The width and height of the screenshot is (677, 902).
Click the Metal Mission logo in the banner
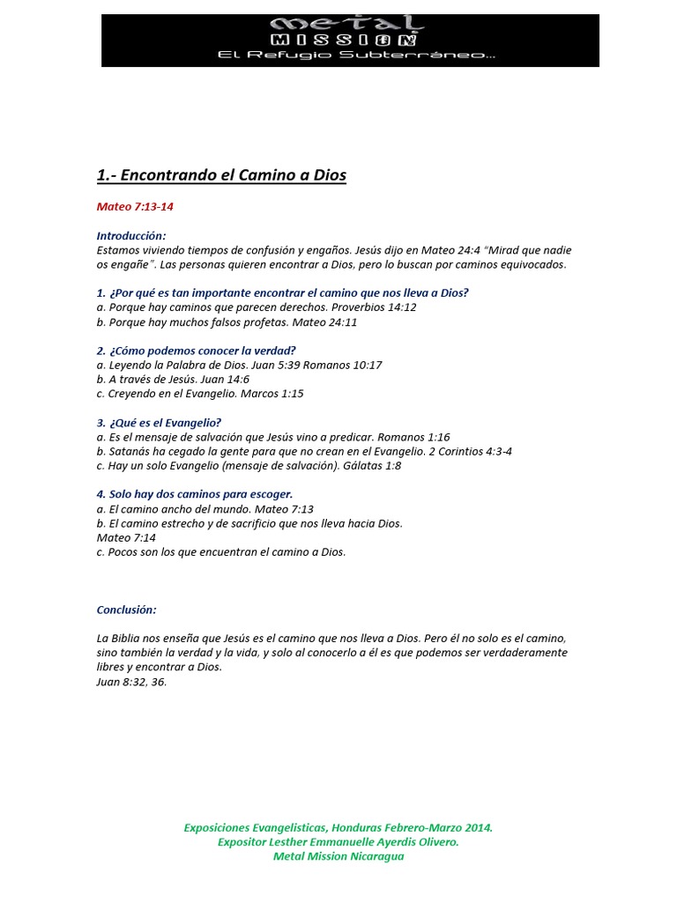click(350, 33)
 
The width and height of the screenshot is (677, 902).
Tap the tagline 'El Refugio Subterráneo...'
click(350, 55)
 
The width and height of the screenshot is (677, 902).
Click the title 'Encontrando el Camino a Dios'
click(233, 175)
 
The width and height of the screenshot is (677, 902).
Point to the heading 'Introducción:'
click(131, 236)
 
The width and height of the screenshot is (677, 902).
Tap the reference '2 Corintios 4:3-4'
click(470, 451)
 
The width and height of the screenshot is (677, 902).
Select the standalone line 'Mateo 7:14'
click(126, 537)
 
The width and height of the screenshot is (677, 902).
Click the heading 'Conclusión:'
click(127, 610)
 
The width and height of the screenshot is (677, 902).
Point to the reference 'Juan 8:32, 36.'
click(131, 681)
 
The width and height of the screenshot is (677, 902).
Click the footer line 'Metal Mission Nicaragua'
click(338, 856)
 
